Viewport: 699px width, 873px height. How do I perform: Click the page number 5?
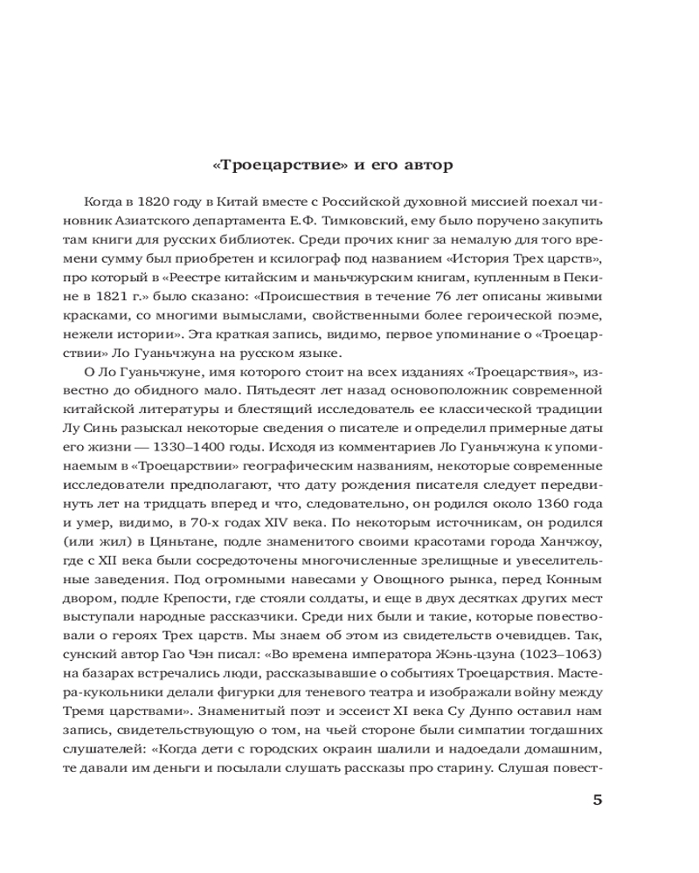(598, 800)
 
